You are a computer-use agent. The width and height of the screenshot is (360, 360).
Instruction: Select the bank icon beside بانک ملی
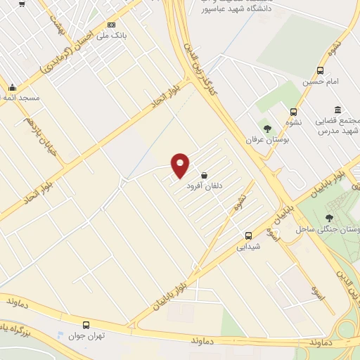point(111,25)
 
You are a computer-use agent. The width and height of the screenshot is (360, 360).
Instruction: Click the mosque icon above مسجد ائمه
point(12,88)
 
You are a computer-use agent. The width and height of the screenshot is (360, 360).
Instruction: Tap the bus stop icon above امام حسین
point(321,70)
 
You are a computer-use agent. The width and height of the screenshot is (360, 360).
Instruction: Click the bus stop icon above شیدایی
point(247,236)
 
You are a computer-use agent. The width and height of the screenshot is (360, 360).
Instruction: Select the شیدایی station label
point(248,247)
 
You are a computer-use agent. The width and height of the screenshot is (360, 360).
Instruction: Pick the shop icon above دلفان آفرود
point(204,174)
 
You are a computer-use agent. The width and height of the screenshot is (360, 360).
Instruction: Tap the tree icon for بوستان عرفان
point(267,127)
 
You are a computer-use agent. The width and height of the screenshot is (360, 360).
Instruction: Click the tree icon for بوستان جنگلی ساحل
point(330,217)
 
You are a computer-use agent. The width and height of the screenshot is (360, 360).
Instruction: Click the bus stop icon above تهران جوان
point(86,325)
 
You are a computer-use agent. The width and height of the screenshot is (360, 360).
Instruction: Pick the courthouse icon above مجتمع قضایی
point(339,109)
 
